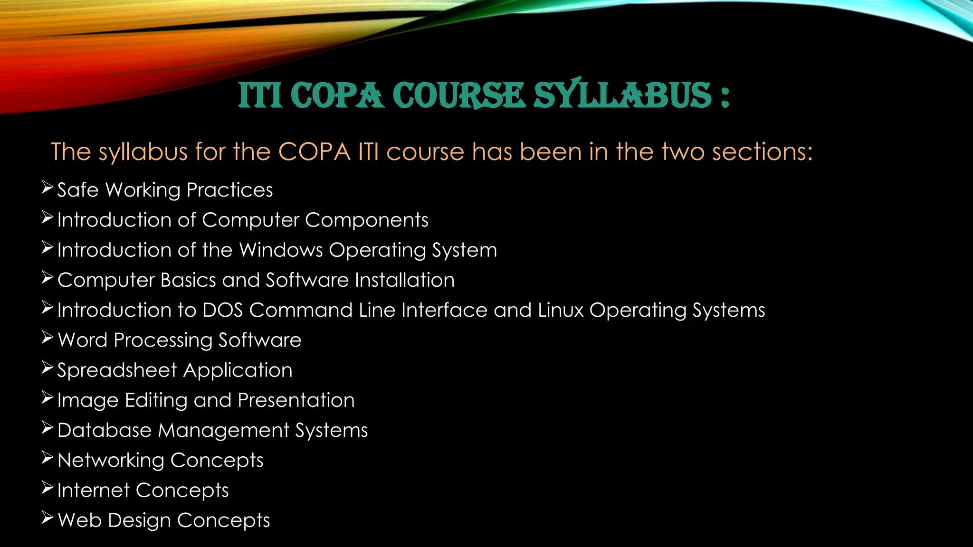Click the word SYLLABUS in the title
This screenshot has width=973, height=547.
tap(623, 95)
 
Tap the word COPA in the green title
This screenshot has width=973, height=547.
tap(340, 95)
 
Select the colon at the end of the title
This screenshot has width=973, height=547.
tap(724, 96)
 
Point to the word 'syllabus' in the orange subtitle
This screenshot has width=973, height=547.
tap(143, 152)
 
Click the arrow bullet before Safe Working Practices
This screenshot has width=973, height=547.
tap(47, 188)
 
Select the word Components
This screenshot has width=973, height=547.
tap(366, 220)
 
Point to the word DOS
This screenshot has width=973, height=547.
tap(223, 310)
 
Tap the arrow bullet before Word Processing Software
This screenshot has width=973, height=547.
tap(47, 338)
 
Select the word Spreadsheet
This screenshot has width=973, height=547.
tap(117, 370)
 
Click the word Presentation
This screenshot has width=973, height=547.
tap(296, 400)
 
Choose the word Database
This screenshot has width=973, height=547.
tap(105, 430)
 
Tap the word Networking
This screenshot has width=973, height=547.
tap(111, 460)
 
